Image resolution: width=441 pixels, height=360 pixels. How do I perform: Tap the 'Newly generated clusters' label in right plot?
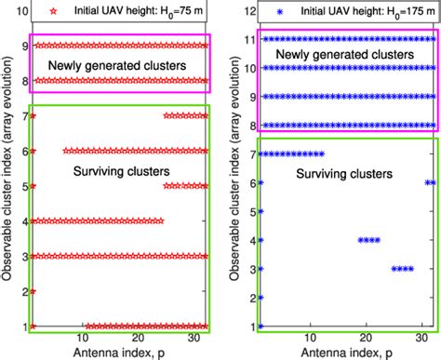347,82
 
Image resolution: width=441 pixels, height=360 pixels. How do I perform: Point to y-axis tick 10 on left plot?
17,16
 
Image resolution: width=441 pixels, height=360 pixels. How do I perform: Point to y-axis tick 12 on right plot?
245,11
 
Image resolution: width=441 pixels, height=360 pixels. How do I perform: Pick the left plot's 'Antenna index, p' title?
119,353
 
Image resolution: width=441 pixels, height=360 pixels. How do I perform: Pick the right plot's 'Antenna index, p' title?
346,353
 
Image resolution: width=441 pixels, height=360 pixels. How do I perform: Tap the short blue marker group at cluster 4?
368,240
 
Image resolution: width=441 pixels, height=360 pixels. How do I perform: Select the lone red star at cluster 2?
33,291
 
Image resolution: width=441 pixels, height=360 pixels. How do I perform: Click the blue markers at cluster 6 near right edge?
429,182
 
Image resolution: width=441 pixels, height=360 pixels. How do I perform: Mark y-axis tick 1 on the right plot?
248,327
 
